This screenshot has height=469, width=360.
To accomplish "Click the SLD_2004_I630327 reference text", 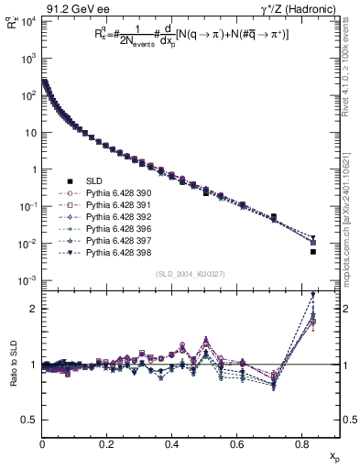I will click(190, 274).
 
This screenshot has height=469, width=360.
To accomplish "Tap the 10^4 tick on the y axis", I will click(28, 21).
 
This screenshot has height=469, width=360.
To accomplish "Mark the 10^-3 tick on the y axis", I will click(28, 280).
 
